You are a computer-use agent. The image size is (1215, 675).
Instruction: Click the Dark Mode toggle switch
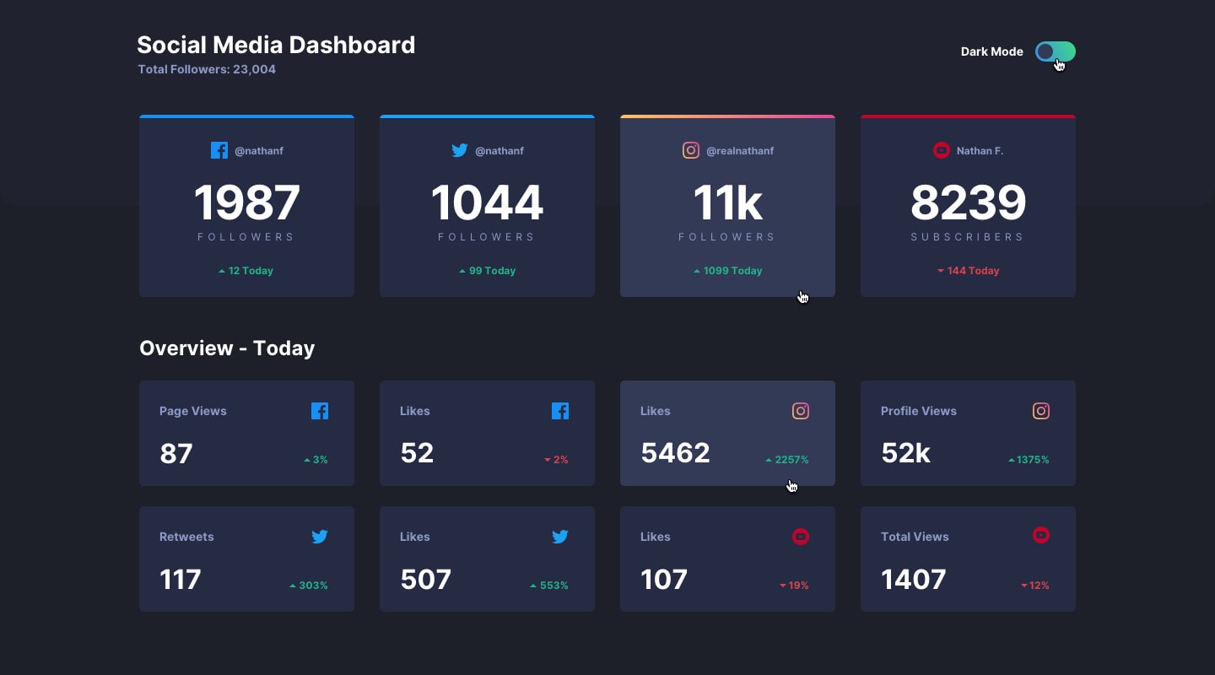point(1055,51)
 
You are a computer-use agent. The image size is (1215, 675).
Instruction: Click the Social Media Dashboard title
point(276,45)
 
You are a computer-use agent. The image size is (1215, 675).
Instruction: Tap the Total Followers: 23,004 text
point(207,69)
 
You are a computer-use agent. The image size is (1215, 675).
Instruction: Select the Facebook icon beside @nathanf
point(219,150)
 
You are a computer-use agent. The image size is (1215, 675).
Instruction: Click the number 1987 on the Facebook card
point(246,202)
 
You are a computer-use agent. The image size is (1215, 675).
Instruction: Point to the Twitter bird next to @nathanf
point(460,150)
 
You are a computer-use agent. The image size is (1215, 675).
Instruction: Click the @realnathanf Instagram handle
point(739,151)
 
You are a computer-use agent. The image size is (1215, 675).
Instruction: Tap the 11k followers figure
point(727,202)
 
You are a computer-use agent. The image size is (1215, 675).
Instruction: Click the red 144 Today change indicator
point(968,271)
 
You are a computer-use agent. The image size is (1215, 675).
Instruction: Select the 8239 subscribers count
point(968,202)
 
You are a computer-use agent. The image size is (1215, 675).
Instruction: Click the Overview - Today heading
point(227,348)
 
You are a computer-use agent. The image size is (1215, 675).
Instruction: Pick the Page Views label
point(193,411)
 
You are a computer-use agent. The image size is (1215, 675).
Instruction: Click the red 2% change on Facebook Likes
point(557,460)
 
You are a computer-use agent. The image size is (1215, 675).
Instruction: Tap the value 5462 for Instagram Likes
point(675,453)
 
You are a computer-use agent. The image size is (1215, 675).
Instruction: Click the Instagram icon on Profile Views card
point(1041,411)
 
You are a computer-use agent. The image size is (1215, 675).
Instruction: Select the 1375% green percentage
point(1029,460)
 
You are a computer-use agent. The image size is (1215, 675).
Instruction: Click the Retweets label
point(186,537)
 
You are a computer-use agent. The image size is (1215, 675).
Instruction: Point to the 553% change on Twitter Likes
point(549,586)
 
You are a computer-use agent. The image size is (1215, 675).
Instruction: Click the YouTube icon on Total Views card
point(1041,535)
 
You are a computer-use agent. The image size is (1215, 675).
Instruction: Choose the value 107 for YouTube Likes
point(664,580)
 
